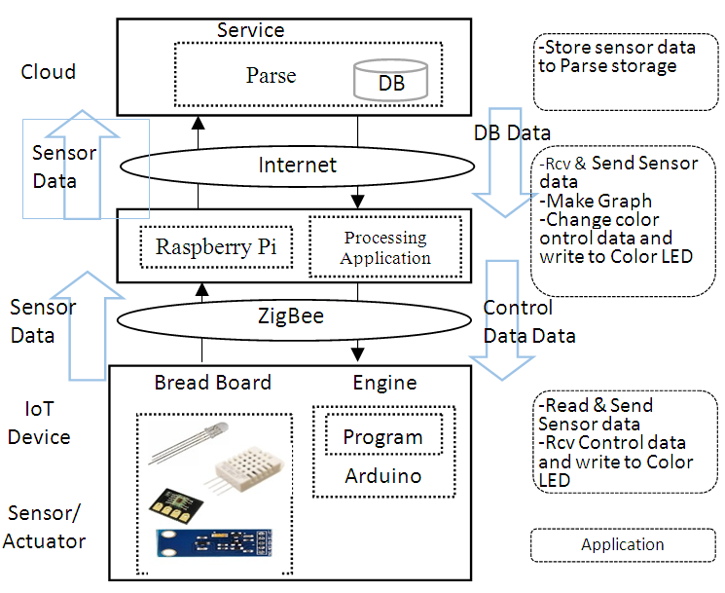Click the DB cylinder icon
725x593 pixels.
pyautogui.click(x=391, y=79)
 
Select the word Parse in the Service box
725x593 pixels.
pyautogui.click(x=271, y=76)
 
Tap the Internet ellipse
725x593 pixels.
pyautogui.click(x=297, y=166)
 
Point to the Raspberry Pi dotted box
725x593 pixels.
pyautogui.click(x=216, y=247)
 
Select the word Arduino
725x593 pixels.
pyautogui.click(x=382, y=476)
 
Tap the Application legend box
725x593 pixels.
pyautogui.click(x=622, y=545)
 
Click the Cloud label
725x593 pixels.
pyautogui.click(x=48, y=72)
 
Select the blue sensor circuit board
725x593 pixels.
pyautogui.click(x=224, y=546)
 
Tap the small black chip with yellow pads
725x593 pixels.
pyautogui.click(x=169, y=504)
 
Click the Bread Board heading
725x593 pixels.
pyautogui.click(x=212, y=383)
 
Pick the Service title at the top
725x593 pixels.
pyautogui.click(x=250, y=30)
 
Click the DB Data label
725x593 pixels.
pyautogui.click(x=512, y=133)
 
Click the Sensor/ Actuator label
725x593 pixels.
pyautogui.click(x=45, y=527)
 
